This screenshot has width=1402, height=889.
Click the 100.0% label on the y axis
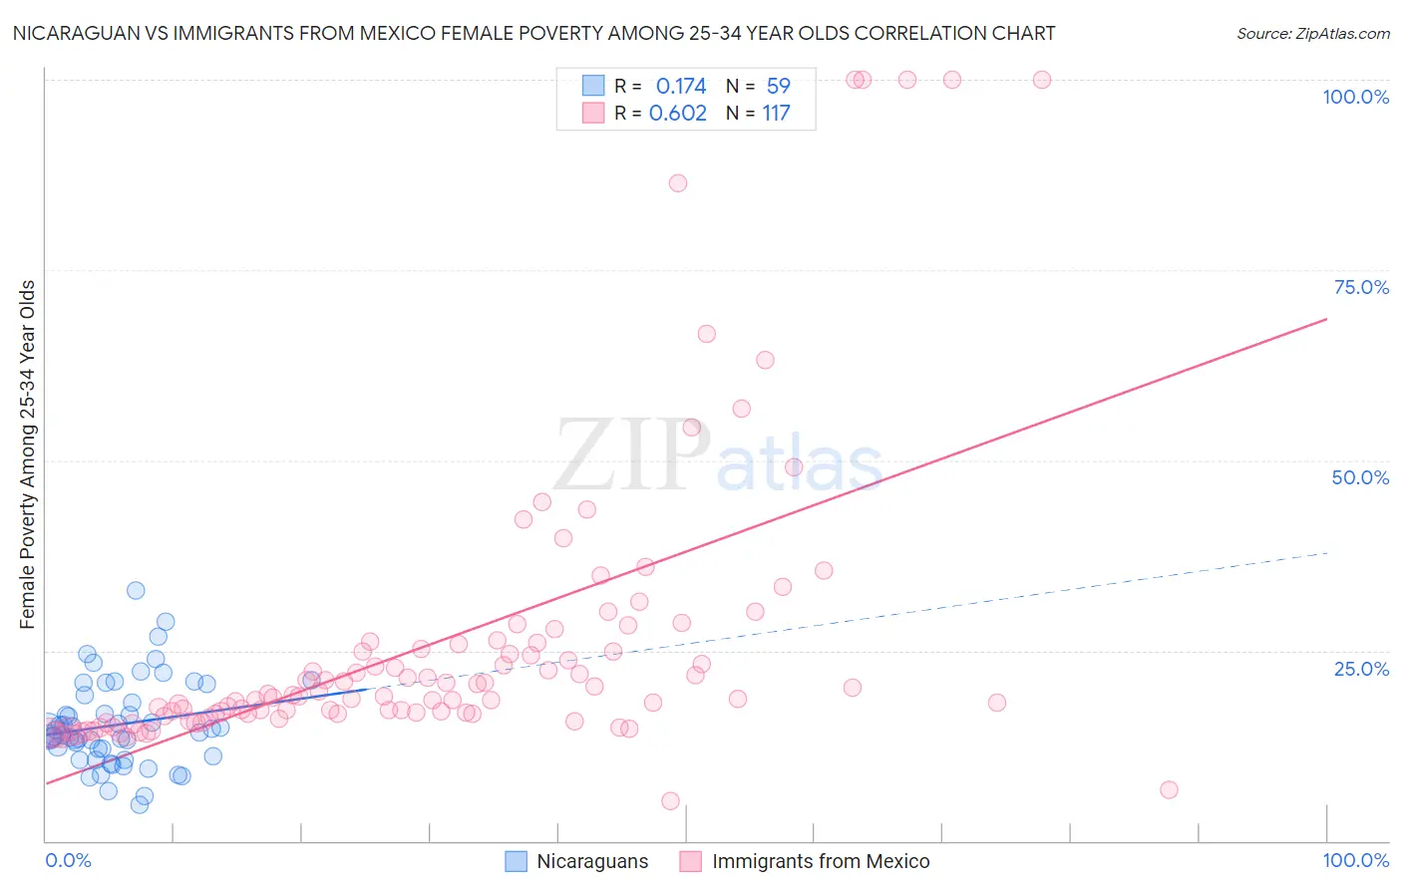pyautogui.click(x=1355, y=97)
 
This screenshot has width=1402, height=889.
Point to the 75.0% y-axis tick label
pyautogui.click(x=1361, y=287)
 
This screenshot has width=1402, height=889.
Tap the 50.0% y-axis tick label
pyautogui.click(x=1360, y=477)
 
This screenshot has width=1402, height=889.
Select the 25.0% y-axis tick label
pyautogui.click(x=1361, y=669)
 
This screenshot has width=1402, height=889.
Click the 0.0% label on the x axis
pyautogui.click(x=68, y=860)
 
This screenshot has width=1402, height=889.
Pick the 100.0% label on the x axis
pyautogui.click(x=1355, y=860)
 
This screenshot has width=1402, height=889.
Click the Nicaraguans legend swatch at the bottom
pyautogui.click(x=516, y=861)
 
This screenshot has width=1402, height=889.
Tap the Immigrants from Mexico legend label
pyautogui.click(x=821, y=861)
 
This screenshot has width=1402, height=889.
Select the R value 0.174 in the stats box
pyautogui.click(x=681, y=87)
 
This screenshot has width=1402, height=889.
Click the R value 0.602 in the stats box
pyautogui.click(x=678, y=114)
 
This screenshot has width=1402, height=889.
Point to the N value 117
pyautogui.click(x=776, y=114)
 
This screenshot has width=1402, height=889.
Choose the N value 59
pyautogui.click(x=778, y=87)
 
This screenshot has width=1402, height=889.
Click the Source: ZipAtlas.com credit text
pyautogui.click(x=1312, y=34)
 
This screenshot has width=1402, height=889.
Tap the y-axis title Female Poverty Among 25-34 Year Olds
pyautogui.click(x=28, y=454)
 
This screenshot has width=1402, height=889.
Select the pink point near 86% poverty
pyautogui.click(x=678, y=183)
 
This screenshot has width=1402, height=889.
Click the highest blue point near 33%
pyautogui.click(x=136, y=590)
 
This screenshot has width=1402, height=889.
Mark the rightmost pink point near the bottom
pyautogui.click(x=1169, y=789)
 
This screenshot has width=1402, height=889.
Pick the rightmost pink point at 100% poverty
pyautogui.click(x=1042, y=80)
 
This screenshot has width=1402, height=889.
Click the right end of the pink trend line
pyautogui.click(x=1326, y=319)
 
